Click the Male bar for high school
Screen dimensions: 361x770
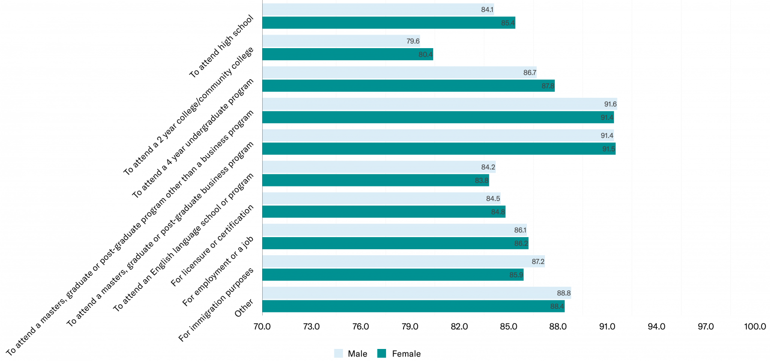tap(378, 10)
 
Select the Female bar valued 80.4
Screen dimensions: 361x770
tap(347, 54)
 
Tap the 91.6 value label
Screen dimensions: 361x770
tap(610, 104)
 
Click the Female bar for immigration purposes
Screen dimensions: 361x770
tap(393, 275)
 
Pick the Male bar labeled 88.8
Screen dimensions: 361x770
tap(416, 293)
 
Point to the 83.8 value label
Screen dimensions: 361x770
tap(482, 180)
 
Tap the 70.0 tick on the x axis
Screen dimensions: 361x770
tap(262, 326)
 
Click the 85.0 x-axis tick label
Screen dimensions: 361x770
tap(508, 326)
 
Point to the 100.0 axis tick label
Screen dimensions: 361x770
tap(755, 326)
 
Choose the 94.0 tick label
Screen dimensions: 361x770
tap(656, 326)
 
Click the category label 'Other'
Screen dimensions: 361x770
tap(244, 307)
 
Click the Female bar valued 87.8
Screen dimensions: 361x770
tap(408, 86)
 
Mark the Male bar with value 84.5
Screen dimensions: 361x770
tap(381, 199)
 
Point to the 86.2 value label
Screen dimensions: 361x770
tap(521, 243)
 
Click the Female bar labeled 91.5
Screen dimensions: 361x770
tap(439, 149)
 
